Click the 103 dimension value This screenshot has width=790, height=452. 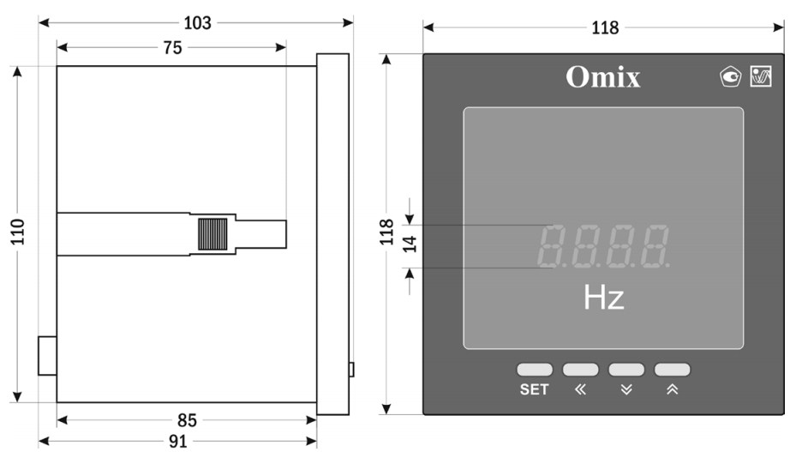tap(197, 22)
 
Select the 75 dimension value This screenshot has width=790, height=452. tap(172, 48)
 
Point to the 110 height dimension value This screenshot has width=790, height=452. tap(18, 232)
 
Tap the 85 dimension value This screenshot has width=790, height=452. tap(187, 420)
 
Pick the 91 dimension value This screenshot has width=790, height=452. tap(178, 442)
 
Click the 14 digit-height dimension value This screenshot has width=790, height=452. tap(410, 244)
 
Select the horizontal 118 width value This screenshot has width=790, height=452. tap(605, 27)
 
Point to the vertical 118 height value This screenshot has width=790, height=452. tap(386, 232)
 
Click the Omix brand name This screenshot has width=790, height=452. tap(603, 77)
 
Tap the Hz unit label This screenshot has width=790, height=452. tap(603, 297)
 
